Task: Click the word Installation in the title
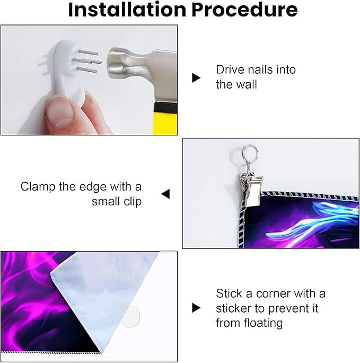(127, 10)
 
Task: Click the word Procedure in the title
(244, 10)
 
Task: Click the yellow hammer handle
(165, 123)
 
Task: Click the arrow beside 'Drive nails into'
(196, 78)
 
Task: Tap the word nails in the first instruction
(258, 70)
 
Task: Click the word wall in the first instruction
(248, 84)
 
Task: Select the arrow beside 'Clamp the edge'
(165, 194)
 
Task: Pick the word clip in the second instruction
(133, 202)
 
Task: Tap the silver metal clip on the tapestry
(251, 189)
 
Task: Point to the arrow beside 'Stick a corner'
(196, 308)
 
